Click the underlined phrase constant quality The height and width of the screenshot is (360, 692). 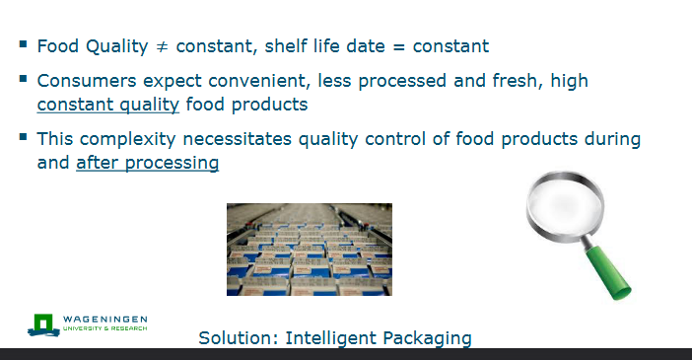click(108, 104)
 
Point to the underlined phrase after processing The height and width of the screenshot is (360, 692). click(147, 163)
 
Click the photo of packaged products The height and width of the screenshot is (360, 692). click(309, 249)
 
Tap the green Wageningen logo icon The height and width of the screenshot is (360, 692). click(43, 324)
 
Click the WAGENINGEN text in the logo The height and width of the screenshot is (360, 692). click(104, 320)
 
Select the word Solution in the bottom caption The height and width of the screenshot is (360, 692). click(237, 338)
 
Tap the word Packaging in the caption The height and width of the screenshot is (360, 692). click(427, 338)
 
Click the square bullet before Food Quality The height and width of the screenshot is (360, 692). click(23, 44)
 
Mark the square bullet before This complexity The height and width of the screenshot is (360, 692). click(23, 137)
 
